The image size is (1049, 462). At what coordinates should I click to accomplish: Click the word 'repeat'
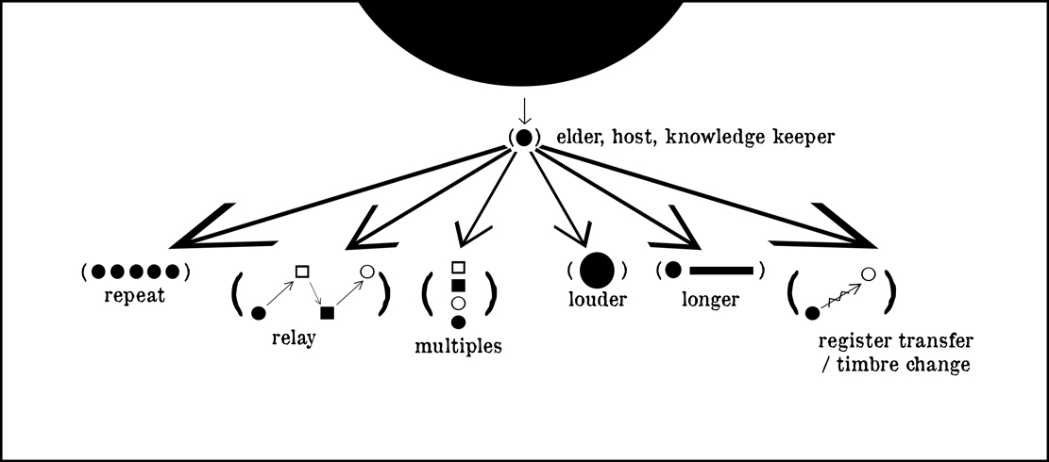pyautogui.click(x=136, y=296)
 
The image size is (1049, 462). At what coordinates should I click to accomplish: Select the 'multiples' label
pyautogui.click(x=458, y=346)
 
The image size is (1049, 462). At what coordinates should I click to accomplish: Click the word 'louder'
pyautogui.click(x=598, y=301)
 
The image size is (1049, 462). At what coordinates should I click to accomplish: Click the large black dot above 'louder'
pyautogui.click(x=597, y=271)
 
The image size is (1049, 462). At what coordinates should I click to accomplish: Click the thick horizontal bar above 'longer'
pyautogui.click(x=721, y=271)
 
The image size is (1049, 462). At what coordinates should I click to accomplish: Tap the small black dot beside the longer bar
pyautogui.click(x=673, y=270)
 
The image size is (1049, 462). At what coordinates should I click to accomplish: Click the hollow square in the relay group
pyautogui.click(x=302, y=272)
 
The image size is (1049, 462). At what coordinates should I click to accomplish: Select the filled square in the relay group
pyautogui.click(x=327, y=312)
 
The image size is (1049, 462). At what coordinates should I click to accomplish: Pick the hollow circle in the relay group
pyautogui.click(x=368, y=272)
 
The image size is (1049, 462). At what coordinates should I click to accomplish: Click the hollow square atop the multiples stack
pyautogui.click(x=458, y=268)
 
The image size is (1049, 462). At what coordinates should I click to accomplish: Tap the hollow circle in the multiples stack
pyautogui.click(x=458, y=303)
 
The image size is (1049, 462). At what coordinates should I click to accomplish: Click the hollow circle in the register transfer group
pyautogui.click(x=869, y=273)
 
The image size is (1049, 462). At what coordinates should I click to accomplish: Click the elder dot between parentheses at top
pyautogui.click(x=524, y=138)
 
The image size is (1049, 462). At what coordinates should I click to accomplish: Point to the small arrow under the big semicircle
pyautogui.click(x=524, y=110)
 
